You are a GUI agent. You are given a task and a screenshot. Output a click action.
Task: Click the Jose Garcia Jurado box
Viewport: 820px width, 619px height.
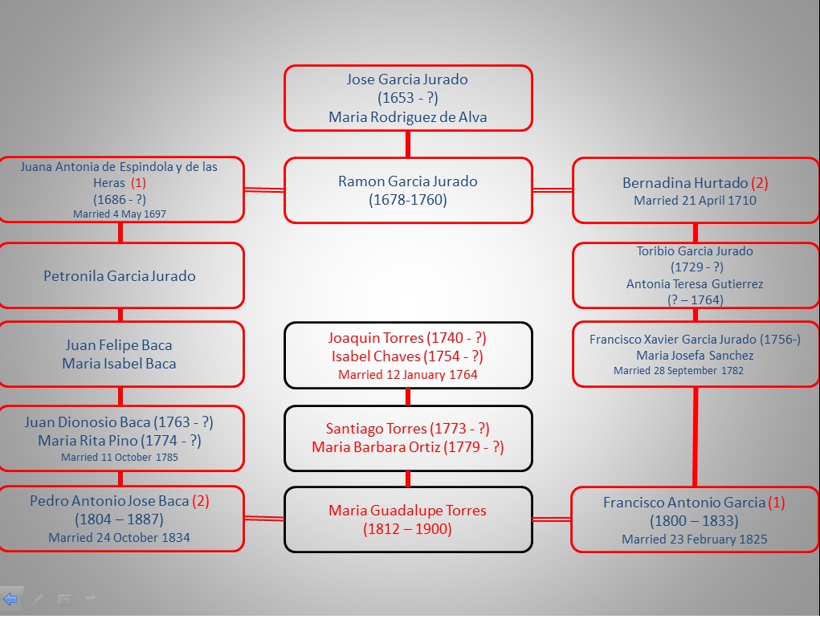point(408,98)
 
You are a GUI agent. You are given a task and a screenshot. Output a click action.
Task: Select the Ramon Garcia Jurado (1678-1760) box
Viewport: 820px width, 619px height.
point(408,190)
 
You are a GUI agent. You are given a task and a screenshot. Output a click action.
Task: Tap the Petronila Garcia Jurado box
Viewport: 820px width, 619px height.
point(120,275)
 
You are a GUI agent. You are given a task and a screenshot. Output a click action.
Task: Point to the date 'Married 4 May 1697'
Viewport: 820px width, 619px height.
point(120,214)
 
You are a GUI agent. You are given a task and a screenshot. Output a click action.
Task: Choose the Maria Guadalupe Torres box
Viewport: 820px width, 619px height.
point(408,519)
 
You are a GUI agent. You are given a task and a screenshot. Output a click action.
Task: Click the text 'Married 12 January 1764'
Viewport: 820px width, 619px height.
point(408,375)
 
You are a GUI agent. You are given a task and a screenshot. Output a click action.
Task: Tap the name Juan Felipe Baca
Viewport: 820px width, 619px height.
point(120,345)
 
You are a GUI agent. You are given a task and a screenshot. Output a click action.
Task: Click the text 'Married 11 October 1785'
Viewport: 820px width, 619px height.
point(120,458)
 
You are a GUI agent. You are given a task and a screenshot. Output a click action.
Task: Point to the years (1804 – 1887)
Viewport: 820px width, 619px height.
point(120,519)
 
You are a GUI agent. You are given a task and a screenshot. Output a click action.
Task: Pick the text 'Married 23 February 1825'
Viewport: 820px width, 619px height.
point(695,540)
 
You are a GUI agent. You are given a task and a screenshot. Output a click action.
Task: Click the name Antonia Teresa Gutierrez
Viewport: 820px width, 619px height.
point(695,284)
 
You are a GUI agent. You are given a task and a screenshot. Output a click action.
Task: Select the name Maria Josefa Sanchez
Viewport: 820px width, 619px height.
point(695,355)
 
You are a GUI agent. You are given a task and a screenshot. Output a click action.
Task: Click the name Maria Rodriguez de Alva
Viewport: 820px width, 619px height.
point(408,117)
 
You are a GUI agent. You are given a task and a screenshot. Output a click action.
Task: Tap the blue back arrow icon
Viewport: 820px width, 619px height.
point(10,599)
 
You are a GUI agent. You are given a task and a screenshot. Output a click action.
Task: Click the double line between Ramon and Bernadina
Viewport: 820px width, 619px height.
point(553,190)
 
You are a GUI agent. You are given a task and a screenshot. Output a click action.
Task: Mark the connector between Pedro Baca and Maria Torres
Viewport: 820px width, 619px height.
point(264,519)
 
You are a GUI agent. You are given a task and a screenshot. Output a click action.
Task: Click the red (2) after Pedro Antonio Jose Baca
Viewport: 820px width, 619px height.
point(201,501)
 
